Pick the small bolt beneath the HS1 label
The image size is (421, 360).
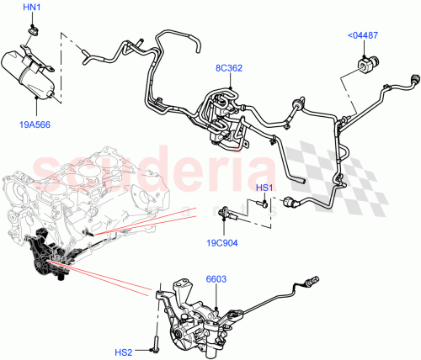(x=264, y=203)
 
